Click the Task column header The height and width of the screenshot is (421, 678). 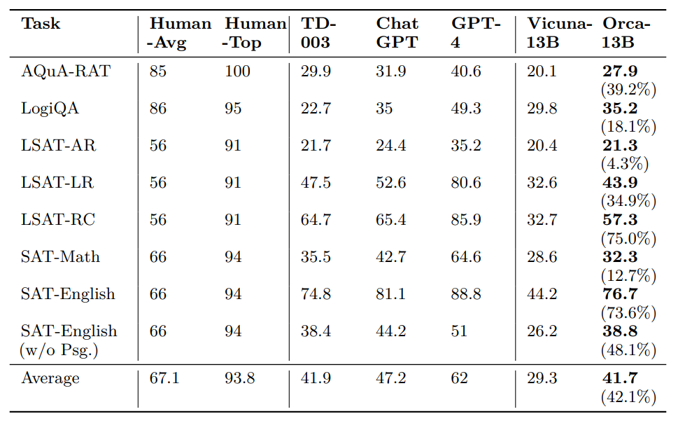tap(41, 23)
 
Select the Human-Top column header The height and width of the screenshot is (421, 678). tap(254, 33)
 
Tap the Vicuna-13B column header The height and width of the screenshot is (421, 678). tap(559, 33)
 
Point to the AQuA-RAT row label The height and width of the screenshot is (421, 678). tap(66, 71)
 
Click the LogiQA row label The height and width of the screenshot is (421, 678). tap(50, 108)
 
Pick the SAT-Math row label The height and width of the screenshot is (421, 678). tap(60, 257)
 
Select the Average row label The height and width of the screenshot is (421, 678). tap(50, 378)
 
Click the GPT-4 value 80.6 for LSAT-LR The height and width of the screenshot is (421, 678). tap(466, 183)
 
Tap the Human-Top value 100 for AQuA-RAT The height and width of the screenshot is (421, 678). tap(237, 71)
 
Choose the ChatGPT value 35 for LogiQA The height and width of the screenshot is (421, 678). tap(384, 108)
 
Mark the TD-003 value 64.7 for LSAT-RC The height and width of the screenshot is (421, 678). tap(316, 220)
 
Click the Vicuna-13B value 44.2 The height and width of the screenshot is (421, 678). tap(542, 294)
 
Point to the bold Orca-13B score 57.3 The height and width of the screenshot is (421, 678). tap(620, 220)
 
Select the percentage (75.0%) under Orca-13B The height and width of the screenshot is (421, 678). tap(629, 238)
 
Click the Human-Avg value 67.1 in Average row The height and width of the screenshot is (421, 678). tap(164, 378)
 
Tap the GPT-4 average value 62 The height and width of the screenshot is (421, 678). tap(459, 378)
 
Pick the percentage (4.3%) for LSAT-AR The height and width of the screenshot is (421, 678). tap(625, 164)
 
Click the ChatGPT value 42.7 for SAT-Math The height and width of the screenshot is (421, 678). tap(391, 257)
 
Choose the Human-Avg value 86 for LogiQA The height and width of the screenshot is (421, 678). tap(158, 108)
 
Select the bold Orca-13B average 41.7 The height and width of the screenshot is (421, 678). tap(620, 378)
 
